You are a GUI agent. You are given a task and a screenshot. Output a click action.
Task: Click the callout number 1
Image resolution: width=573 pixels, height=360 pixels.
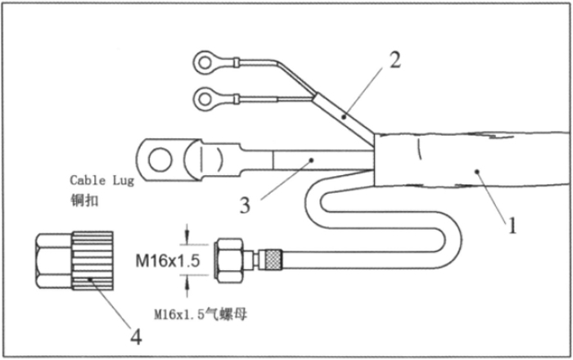pos(512,225)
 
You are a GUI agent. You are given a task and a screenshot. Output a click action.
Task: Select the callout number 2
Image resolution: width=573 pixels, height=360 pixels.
pos(395,60)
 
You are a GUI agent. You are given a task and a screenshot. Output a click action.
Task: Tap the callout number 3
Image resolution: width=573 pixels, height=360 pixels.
pos(246,205)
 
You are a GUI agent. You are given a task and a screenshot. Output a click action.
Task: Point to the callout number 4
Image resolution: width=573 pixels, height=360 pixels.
pos(137,336)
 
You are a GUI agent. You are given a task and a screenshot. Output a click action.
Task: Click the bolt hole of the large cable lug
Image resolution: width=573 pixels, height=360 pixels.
pos(160,160)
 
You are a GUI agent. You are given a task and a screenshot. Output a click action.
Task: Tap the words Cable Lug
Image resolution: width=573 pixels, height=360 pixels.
pos(102,180)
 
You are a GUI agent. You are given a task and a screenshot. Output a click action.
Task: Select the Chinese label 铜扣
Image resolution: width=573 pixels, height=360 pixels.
pos(84,200)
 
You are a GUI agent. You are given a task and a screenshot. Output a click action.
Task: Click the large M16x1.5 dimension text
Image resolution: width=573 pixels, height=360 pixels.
pos(168,261)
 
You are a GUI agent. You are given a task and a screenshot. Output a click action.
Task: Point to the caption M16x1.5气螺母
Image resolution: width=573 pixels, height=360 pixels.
pos(201,314)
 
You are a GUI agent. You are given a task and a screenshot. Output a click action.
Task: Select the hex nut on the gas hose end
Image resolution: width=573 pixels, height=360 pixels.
pos(229,260)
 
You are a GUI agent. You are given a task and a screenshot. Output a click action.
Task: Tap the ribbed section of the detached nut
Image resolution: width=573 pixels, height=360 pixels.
pos(92,261)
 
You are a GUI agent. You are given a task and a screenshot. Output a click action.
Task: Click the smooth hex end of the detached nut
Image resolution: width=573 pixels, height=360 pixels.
pos(54,261)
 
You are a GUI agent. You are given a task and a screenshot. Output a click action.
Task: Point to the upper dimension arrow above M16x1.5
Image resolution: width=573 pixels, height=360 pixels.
pos(187,234)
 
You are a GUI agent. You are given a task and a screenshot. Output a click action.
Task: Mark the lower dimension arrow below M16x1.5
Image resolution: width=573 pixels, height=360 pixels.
pos(187,286)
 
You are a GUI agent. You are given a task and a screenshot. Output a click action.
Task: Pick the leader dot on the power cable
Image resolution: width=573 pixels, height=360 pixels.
pos(311,160)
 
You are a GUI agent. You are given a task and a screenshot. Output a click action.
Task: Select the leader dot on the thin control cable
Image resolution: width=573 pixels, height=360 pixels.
pos(344,117)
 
